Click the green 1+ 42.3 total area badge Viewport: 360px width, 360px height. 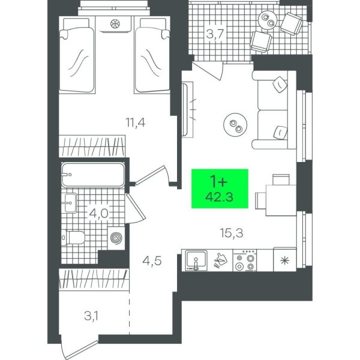click(220, 188)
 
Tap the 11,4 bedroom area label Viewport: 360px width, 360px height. click(136, 122)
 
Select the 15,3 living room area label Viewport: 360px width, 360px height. click(232, 233)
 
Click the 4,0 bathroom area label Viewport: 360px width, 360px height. click(99, 214)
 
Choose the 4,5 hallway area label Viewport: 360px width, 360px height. click(152, 261)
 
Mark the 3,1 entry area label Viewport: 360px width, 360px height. click(91, 316)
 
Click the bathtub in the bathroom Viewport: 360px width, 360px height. click(93, 175)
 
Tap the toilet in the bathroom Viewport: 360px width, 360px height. click(73, 238)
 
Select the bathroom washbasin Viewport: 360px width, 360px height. click(70, 203)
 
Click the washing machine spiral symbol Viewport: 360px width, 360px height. click(116, 238)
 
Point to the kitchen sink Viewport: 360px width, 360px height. click(196, 260)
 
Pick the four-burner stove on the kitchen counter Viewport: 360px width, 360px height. click(245, 260)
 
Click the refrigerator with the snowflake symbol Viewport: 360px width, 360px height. click(284, 260)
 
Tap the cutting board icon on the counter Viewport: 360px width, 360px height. click(220, 260)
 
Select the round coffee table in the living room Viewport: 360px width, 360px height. click(235, 125)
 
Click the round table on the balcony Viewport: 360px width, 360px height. click(268, 20)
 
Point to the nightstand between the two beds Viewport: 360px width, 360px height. click(114, 25)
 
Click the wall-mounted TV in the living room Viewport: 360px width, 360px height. click(185, 110)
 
